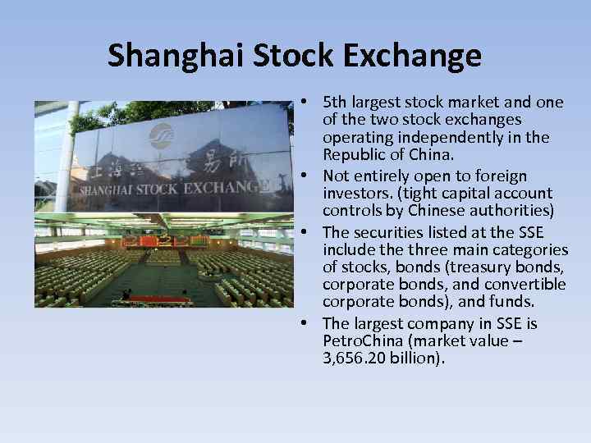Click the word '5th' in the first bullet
(x=335, y=103)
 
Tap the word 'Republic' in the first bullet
(x=352, y=156)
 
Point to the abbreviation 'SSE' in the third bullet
(x=528, y=231)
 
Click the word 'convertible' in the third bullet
(x=525, y=285)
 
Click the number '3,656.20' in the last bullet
(x=355, y=359)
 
